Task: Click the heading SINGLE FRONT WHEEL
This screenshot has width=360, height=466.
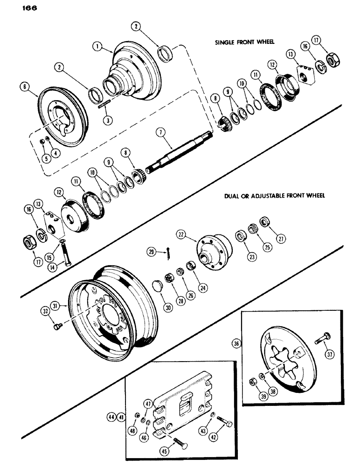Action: pyautogui.click(x=244, y=41)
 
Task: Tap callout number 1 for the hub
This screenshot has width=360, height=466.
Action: pyautogui.click(x=97, y=47)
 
